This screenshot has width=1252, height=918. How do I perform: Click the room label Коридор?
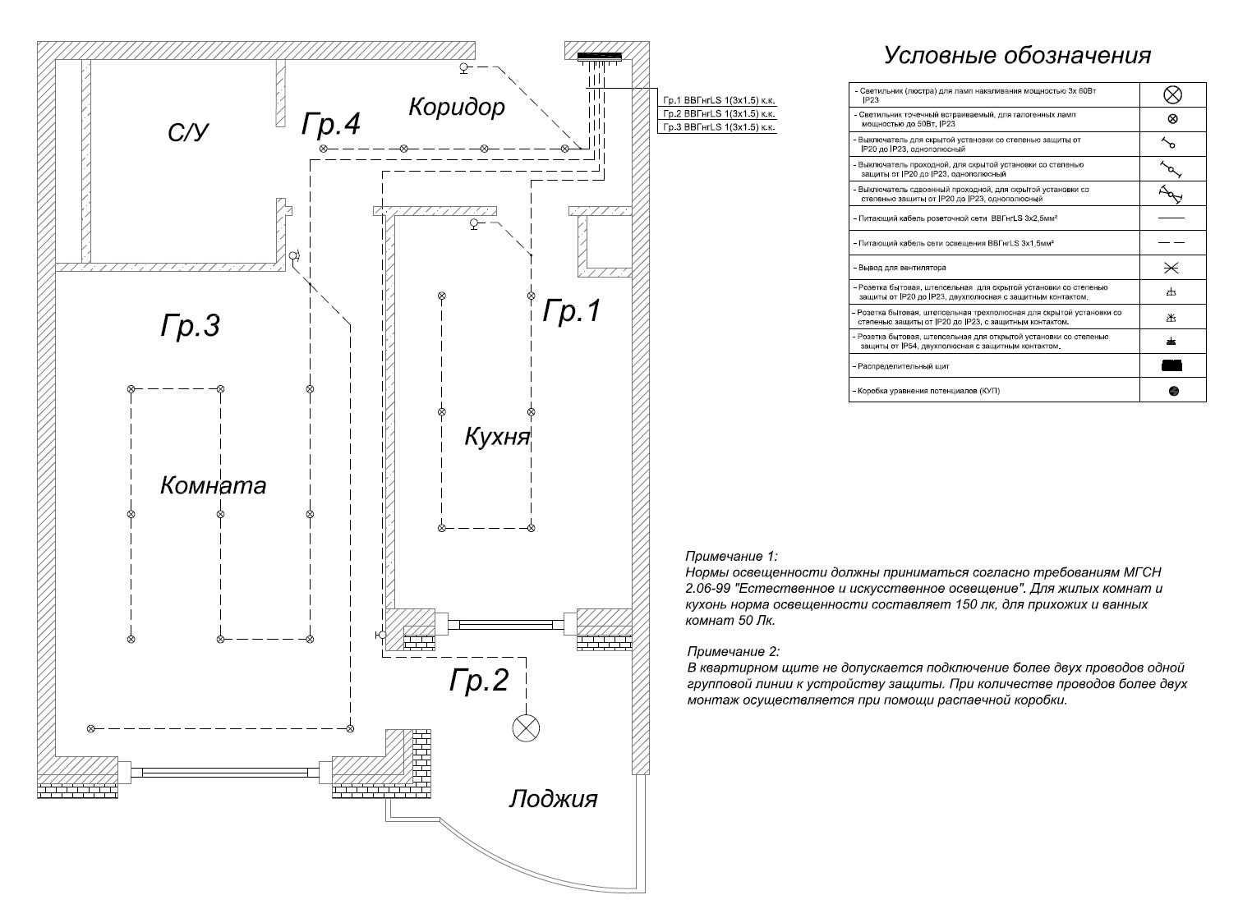[x=457, y=107]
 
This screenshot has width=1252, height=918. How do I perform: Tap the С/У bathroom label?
[x=188, y=132]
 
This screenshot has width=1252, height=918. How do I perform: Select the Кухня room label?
[x=497, y=436]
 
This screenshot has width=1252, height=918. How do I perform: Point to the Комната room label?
[x=213, y=485]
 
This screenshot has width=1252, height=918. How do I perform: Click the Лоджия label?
[x=554, y=799]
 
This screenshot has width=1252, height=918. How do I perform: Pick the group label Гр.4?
[x=331, y=123]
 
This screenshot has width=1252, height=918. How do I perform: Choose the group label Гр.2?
[x=479, y=680]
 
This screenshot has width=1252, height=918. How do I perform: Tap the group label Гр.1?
[x=571, y=310]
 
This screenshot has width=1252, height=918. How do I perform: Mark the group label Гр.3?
[x=190, y=325]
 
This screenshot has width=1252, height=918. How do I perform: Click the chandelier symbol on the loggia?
[x=526, y=728]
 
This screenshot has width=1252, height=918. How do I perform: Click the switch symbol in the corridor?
[x=466, y=68]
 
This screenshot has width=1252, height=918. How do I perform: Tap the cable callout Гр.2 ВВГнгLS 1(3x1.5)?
[x=719, y=114]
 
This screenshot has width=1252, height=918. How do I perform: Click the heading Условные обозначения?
[x=1017, y=55]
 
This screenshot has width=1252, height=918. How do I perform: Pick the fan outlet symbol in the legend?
[x=1171, y=269]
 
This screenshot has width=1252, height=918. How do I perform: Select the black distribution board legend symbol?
[x=1171, y=366]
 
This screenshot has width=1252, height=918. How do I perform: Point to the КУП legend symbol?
[x=1173, y=391]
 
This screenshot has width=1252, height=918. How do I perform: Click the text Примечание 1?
[x=731, y=557]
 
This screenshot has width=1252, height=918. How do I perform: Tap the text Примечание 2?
[x=734, y=651]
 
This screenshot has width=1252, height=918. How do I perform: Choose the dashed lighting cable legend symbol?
[x=1171, y=243]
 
